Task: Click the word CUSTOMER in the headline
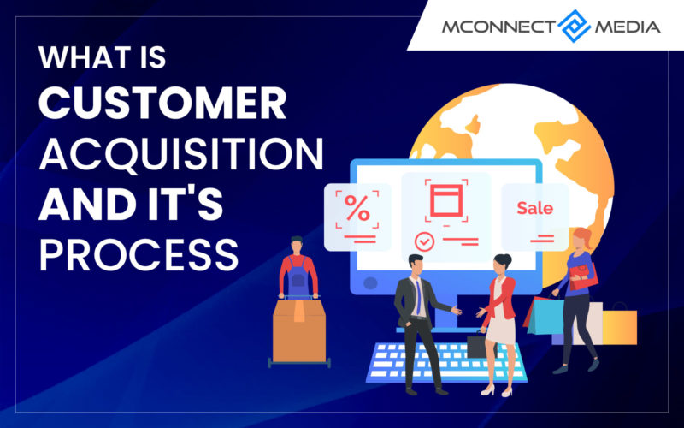pyautogui.click(x=162, y=103)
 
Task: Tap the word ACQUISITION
pyautogui.click(x=181, y=155)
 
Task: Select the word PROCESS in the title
pyautogui.click(x=139, y=255)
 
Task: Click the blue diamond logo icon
pyautogui.click(x=574, y=27)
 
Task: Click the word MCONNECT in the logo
pyautogui.click(x=499, y=27)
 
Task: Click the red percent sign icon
pyautogui.click(x=357, y=208)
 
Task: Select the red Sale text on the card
pyautogui.click(x=535, y=208)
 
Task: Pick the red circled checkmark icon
pyautogui.click(x=424, y=241)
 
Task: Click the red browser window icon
pyautogui.click(x=446, y=200)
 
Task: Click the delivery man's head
pyautogui.click(x=297, y=245)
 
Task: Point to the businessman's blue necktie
pyautogui.click(x=418, y=298)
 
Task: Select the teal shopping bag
pyautogui.click(x=545, y=316)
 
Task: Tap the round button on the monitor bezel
pyautogui.click(x=370, y=283)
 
